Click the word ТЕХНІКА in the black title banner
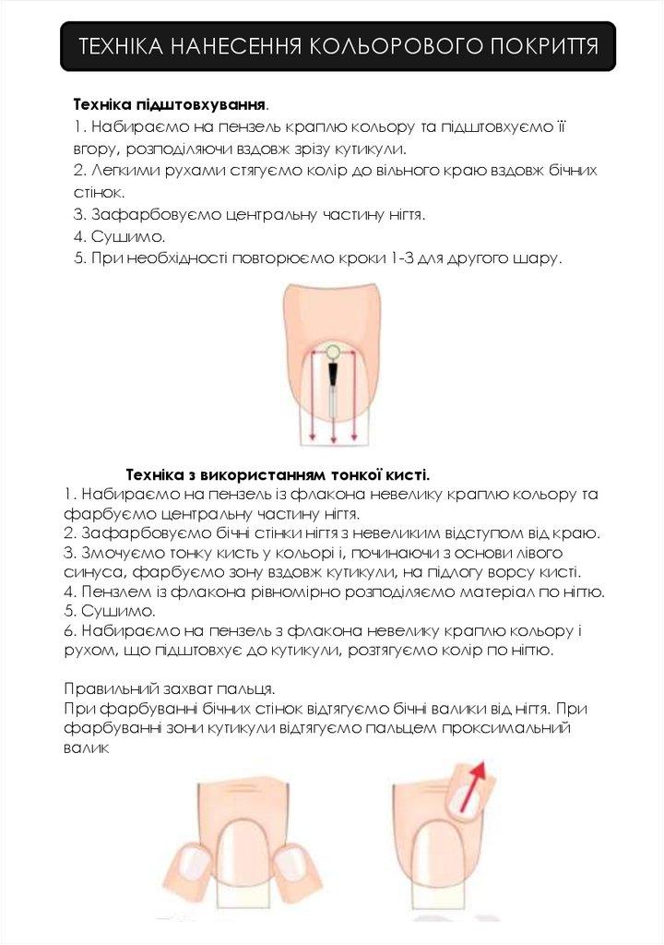(119, 47)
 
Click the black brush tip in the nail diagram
(332, 374)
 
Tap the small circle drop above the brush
(332, 351)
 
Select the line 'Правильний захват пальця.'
(169, 688)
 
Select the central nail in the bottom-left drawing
(244, 854)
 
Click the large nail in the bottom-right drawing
(437, 854)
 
